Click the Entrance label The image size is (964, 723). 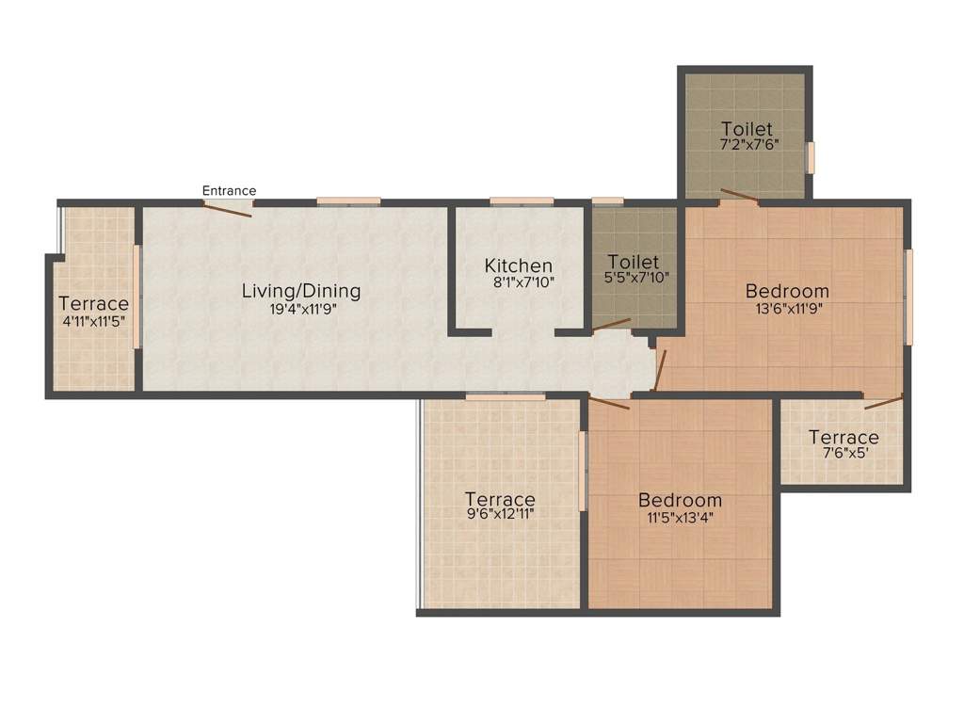pyautogui.click(x=229, y=191)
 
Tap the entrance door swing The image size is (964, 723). pyautogui.click(x=229, y=209)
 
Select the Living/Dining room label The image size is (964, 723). pyautogui.click(x=300, y=291)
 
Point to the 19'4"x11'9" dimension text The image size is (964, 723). pyautogui.click(x=301, y=308)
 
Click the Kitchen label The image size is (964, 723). pyautogui.click(x=519, y=265)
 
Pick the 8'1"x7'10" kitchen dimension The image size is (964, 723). pyautogui.click(x=519, y=281)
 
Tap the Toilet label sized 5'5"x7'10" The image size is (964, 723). pyautogui.click(x=634, y=262)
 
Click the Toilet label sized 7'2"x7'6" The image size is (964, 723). pyautogui.click(x=747, y=129)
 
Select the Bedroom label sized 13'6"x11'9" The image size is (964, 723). pyautogui.click(x=787, y=291)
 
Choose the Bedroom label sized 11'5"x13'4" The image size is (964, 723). pyautogui.click(x=680, y=500)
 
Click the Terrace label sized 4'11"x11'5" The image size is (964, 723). pyautogui.click(x=93, y=304)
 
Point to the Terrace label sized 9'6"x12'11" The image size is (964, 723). pyautogui.click(x=500, y=499)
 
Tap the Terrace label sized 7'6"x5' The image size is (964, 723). pyautogui.click(x=843, y=438)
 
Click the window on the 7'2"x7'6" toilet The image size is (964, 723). pyautogui.click(x=810, y=156)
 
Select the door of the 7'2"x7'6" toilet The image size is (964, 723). pyautogui.click(x=739, y=197)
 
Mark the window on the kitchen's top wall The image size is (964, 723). pyautogui.click(x=522, y=201)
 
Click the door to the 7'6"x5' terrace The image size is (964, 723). pyautogui.click(x=883, y=403)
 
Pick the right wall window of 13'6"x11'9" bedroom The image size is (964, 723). pyautogui.click(x=908, y=297)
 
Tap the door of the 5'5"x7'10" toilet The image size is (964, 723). pyautogui.click(x=611, y=325)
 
